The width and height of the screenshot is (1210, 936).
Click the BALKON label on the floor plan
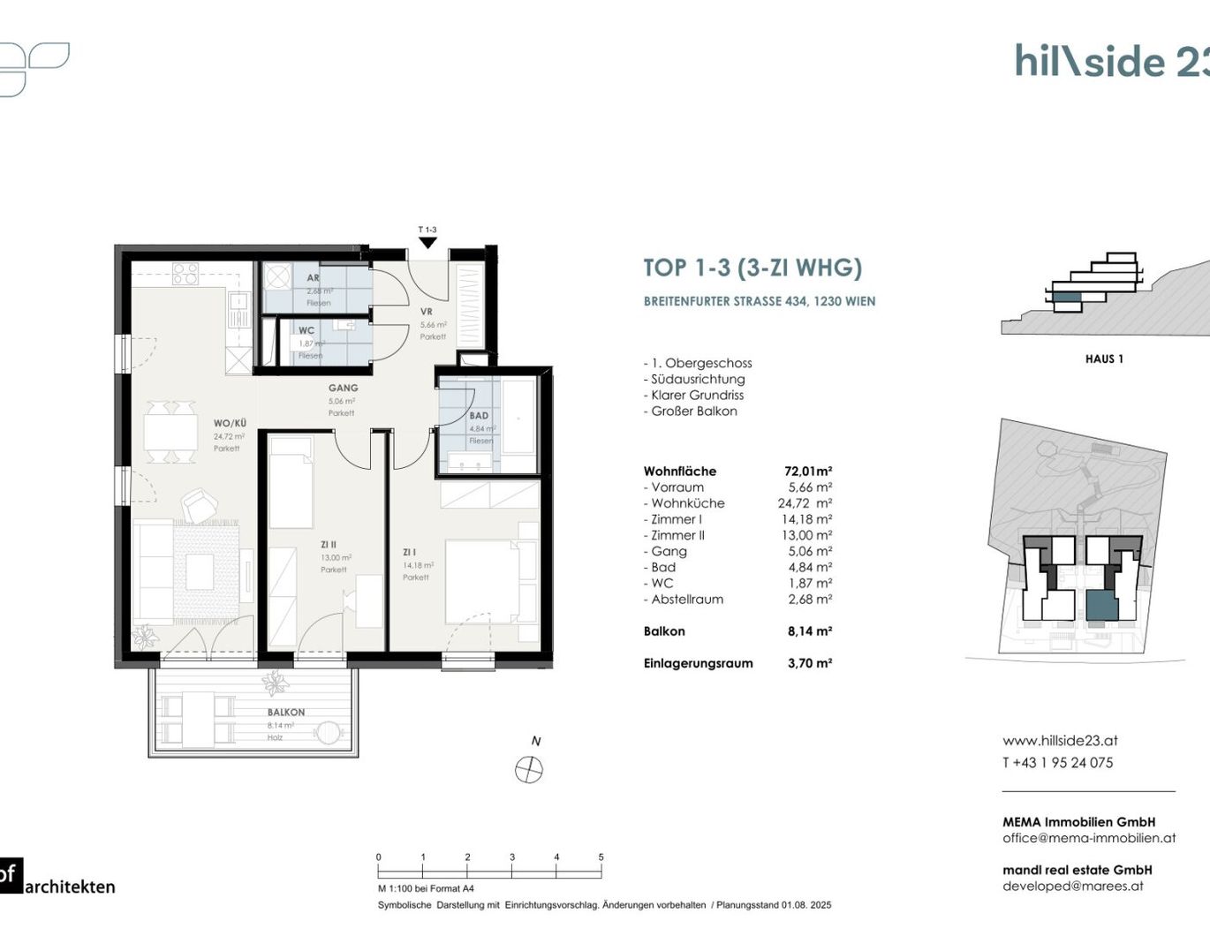click(286, 712)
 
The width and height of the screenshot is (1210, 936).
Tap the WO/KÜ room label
click(230, 423)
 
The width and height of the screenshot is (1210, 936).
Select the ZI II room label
click(329, 545)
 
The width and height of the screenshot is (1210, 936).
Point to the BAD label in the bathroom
click(479, 415)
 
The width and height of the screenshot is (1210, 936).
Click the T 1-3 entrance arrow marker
click(427, 242)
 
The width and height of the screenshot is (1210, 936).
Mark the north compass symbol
click(529, 770)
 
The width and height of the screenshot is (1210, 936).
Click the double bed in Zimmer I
click(490, 582)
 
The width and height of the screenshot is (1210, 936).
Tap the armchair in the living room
click(200, 507)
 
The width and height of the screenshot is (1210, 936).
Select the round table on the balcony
click(328, 734)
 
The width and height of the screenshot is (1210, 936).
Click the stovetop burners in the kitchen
click(185, 274)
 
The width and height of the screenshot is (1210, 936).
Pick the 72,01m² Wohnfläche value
click(808, 472)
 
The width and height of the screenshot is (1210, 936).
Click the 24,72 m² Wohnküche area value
click(805, 503)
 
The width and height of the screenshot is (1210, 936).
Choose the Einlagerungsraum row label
click(698, 663)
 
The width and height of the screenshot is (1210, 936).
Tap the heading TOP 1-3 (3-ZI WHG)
click(752, 268)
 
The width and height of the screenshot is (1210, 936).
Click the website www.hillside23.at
click(1060, 741)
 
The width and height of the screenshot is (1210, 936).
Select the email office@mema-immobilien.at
click(1089, 838)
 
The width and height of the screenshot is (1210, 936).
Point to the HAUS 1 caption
click(1104, 359)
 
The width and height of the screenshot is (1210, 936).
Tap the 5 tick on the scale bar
click(601, 857)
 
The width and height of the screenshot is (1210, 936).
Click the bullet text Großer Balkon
click(693, 411)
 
